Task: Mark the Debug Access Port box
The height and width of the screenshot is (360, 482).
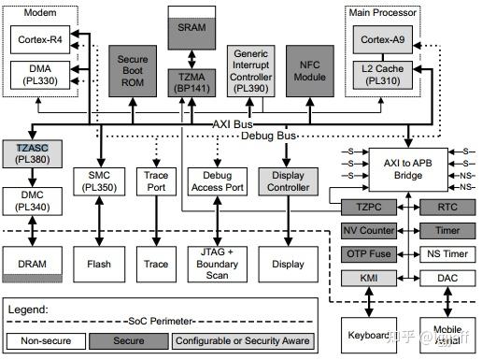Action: coord(216,181)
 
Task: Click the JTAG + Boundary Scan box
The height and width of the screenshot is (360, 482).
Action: coord(216,264)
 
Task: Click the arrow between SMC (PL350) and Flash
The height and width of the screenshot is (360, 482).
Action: coord(98,222)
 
